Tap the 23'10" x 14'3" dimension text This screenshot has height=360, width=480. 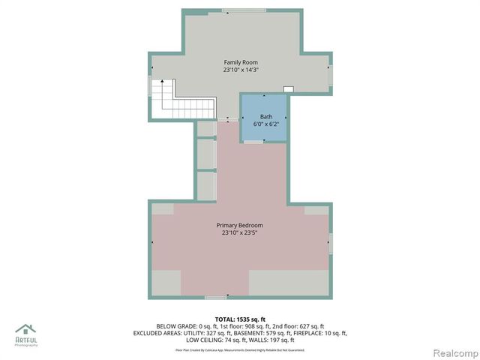click(x=240, y=70)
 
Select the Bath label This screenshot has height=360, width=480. click(x=266, y=116)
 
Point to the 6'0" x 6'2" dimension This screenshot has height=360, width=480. click(x=266, y=124)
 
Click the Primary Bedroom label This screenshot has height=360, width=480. click(x=240, y=225)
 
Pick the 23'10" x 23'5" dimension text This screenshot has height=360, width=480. click(x=240, y=233)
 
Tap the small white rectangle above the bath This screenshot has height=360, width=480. click(x=288, y=89)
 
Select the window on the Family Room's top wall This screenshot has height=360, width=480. click(x=244, y=10)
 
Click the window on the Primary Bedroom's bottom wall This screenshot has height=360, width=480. click(x=216, y=298)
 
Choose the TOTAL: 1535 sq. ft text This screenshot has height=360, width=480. click(x=240, y=319)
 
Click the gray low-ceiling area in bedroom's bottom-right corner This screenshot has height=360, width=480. click(x=289, y=283)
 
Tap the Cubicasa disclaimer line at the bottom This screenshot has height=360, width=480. click(x=240, y=349)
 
